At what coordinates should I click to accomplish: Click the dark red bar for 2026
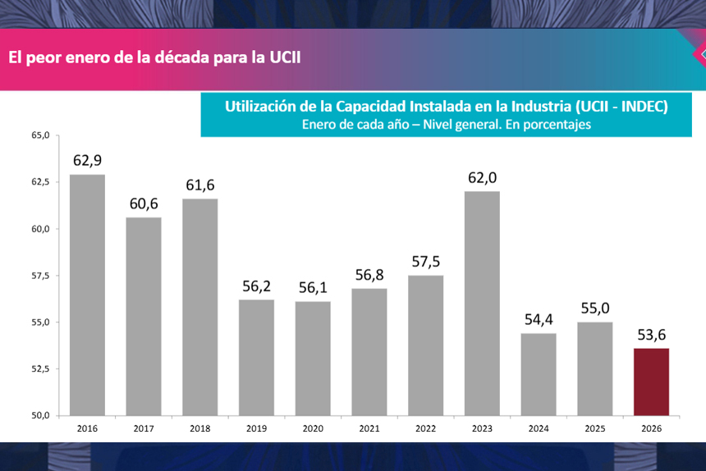[651, 382]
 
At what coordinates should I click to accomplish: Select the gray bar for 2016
[87, 295]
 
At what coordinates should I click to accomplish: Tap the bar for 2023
[482, 303]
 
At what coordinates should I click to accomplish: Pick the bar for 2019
[256, 357]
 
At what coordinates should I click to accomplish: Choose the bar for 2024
[539, 373]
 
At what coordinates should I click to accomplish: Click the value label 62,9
[87, 161]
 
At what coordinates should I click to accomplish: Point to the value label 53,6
[651, 335]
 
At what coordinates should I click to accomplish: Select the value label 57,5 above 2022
[425, 262]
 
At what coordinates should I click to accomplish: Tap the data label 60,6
[144, 203]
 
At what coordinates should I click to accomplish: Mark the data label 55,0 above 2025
[595, 309]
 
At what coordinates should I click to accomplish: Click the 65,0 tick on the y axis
[40, 135]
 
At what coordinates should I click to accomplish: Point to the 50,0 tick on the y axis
[40, 415]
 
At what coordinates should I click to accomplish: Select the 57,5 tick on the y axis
[40, 275]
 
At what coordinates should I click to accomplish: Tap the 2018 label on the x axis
[199, 428]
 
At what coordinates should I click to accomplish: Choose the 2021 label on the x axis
[369, 428]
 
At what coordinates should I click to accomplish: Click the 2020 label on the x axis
[313, 428]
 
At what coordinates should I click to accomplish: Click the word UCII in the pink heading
[290, 58]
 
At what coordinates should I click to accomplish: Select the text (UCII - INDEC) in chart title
[621, 107]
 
